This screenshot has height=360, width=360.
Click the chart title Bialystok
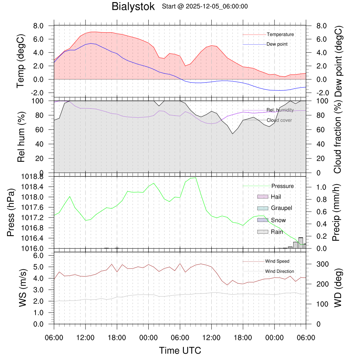coord(133,7)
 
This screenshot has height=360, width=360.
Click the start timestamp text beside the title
coord(205,6)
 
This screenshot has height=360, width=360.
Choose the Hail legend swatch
coord(263,197)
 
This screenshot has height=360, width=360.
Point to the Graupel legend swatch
coord(263,208)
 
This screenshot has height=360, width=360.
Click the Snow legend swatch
coord(263,220)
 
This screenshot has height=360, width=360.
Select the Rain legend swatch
coord(263,232)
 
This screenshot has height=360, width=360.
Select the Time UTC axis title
coord(180,351)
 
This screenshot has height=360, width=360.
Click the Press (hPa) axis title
coord(11,213)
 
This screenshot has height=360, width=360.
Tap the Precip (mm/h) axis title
coord(337,213)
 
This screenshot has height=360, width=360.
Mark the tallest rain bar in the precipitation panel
coord(301,243)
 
